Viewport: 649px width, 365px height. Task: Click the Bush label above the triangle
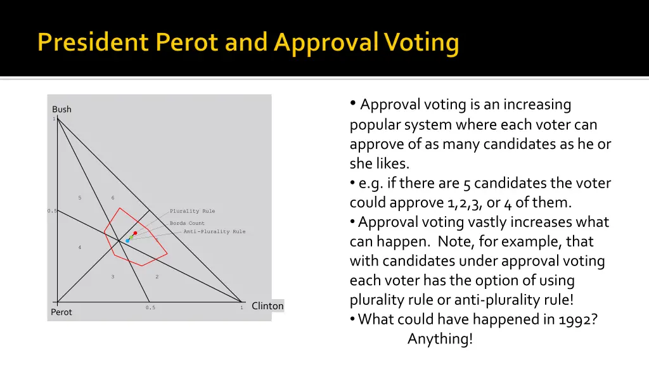click(61, 110)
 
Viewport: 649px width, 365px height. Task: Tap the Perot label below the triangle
click(61, 312)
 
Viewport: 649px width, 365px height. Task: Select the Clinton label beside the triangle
click(267, 306)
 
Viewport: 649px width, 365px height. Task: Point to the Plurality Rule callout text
click(192, 211)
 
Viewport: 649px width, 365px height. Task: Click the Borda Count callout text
click(187, 224)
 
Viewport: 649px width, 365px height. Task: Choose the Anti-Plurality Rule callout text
click(214, 232)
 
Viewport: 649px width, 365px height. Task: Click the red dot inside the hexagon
click(135, 233)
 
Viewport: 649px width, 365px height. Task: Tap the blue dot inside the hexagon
click(127, 241)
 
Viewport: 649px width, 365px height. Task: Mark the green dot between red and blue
click(131, 237)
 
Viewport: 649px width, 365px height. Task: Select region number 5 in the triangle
click(80, 198)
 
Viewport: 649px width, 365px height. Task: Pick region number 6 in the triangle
click(113, 198)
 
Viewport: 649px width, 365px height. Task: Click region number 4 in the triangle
click(80, 247)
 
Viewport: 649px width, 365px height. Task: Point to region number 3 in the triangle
click(113, 277)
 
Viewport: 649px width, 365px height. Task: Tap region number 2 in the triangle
click(157, 277)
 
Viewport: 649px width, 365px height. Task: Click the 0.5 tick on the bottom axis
click(150, 308)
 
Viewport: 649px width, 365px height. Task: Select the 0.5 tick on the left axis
click(51, 211)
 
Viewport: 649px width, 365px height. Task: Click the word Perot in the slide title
click(180, 43)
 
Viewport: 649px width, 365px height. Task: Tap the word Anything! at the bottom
click(440, 339)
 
